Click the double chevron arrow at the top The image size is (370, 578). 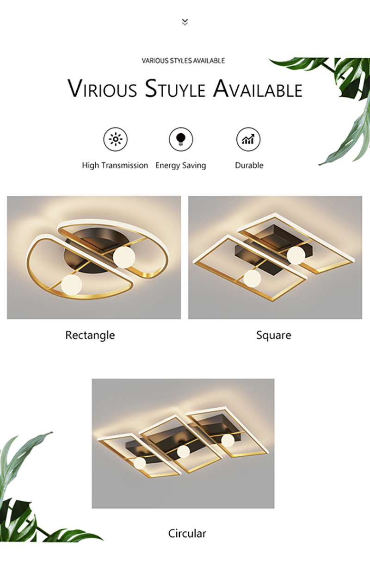click(185, 22)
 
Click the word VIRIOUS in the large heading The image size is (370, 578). click(102, 88)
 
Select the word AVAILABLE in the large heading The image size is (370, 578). click(258, 88)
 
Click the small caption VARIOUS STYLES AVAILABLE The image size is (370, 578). click(183, 61)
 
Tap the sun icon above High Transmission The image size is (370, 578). click(115, 139)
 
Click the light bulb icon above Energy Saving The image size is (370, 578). click(181, 139)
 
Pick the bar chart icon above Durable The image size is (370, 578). click(248, 139)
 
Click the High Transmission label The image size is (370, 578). click(115, 165)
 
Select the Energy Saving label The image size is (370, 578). click(181, 166)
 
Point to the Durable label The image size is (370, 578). click(249, 165)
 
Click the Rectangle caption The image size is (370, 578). click(90, 335)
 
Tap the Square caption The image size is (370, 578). click(273, 335)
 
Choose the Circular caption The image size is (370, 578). click(187, 534)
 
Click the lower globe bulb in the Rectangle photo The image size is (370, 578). click(71, 285)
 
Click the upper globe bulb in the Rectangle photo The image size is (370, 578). click(124, 257)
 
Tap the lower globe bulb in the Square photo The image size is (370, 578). click(252, 279)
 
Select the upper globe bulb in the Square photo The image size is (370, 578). click(296, 255)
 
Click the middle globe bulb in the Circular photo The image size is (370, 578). click(183, 451)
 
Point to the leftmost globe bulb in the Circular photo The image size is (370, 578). click(140, 463)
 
